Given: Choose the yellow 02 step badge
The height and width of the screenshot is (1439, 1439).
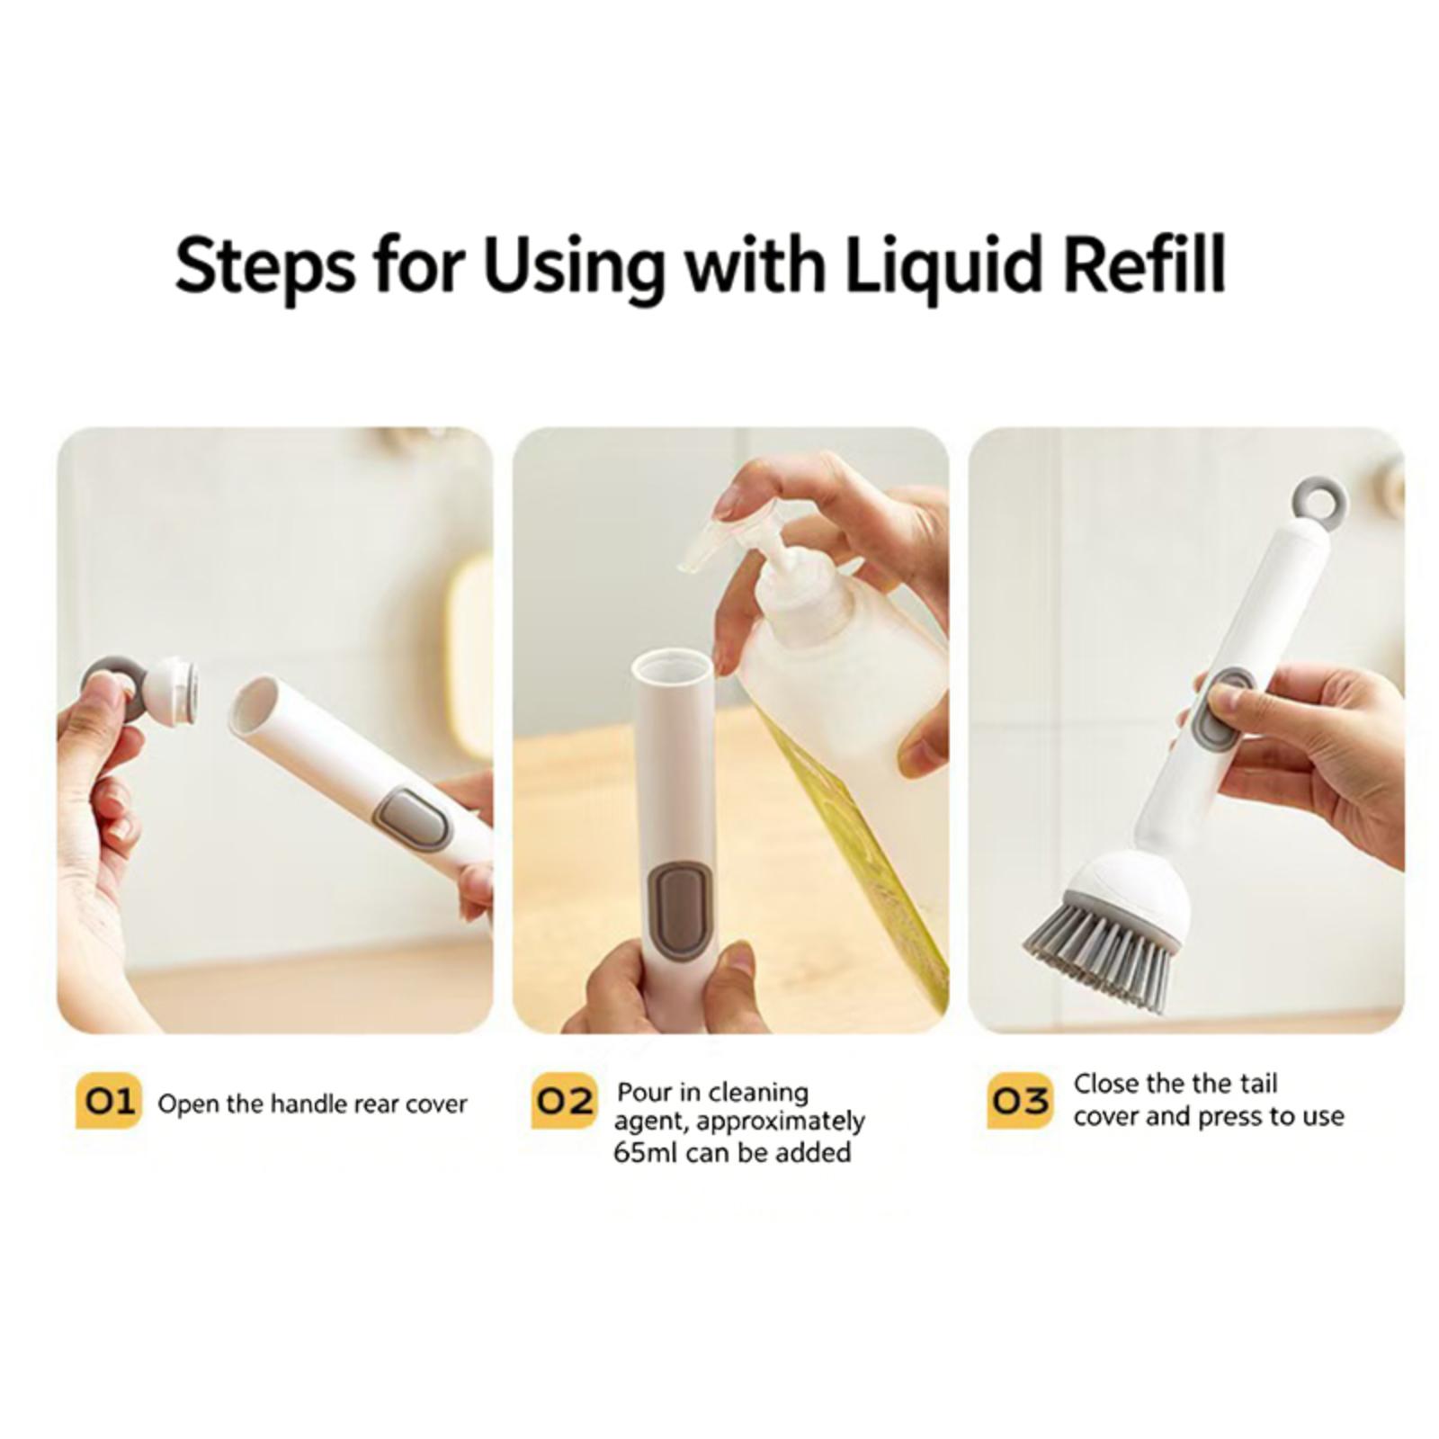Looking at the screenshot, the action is click(x=564, y=1101).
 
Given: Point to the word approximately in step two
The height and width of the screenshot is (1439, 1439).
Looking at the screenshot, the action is click(x=780, y=1123).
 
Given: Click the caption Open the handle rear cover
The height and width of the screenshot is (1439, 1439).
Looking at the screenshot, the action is click(x=312, y=1104).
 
